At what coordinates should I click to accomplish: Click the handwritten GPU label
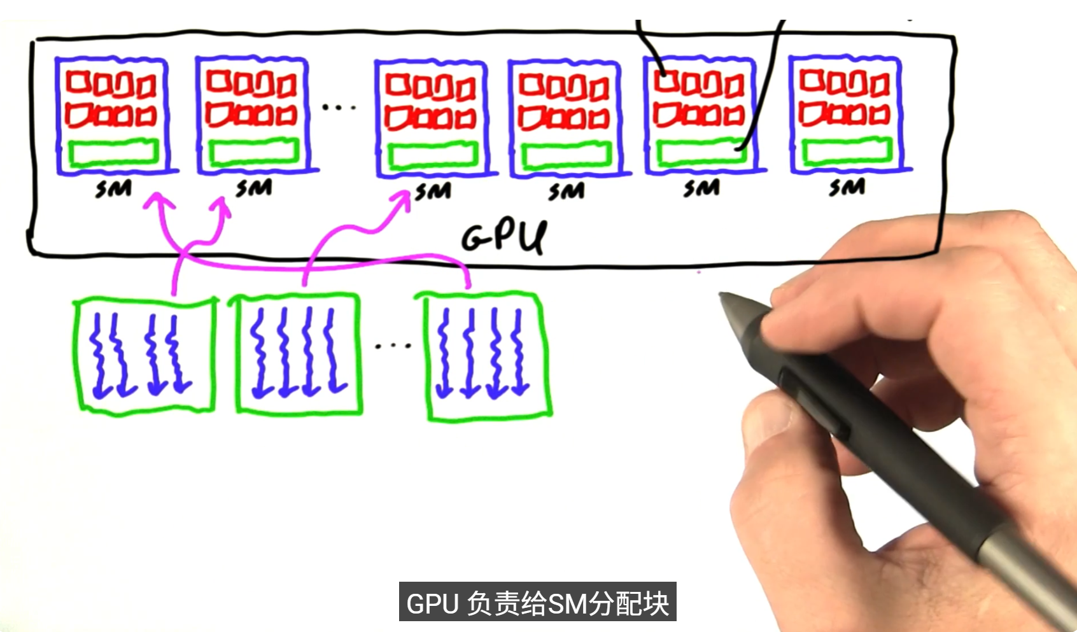(504, 237)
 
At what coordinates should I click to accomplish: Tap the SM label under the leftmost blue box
(113, 188)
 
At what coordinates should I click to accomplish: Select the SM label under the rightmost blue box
(847, 187)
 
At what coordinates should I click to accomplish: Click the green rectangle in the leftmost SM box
(113, 153)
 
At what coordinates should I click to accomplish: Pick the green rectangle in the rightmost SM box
(847, 151)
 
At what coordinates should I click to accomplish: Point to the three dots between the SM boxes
(339, 107)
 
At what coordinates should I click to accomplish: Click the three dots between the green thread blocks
(393, 346)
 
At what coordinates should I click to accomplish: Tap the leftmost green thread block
(144, 356)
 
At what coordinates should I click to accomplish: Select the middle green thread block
(297, 354)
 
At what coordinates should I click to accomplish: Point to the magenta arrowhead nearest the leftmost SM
(158, 201)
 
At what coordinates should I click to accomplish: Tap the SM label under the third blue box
(433, 192)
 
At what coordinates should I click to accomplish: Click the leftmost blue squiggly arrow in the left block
(99, 356)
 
